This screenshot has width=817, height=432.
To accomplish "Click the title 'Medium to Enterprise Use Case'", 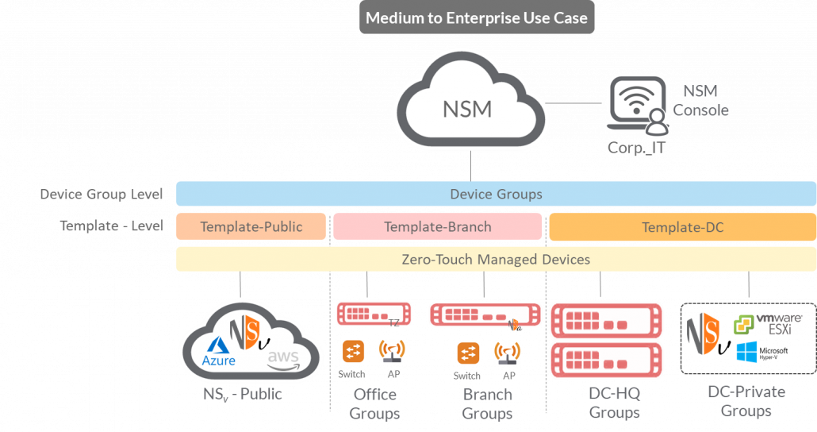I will (477, 17).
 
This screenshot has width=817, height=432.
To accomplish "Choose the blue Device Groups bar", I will (496, 194).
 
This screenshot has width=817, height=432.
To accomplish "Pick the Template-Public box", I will (251, 226).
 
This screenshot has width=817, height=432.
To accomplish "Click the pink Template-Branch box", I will (437, 226).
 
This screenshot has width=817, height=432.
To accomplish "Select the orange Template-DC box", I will (682, 227).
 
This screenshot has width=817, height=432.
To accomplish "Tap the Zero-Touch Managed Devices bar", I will (496, 259).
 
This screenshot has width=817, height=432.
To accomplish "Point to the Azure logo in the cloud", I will (219, 353).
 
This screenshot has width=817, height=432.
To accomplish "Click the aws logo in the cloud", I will (283, 359).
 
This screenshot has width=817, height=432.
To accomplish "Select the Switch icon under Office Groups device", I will (352, 351).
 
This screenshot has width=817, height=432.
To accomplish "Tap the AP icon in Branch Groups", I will (508, 353).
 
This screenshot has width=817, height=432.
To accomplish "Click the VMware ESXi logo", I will (768, 324).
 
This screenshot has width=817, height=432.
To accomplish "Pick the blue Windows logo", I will (746, 352).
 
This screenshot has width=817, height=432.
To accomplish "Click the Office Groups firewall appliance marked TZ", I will (373, 314).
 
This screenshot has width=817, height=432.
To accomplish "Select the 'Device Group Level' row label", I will (102, 194).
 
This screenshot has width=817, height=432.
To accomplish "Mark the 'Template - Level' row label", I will (111, 226).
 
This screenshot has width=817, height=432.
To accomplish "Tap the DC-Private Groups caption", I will (746, 401).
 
